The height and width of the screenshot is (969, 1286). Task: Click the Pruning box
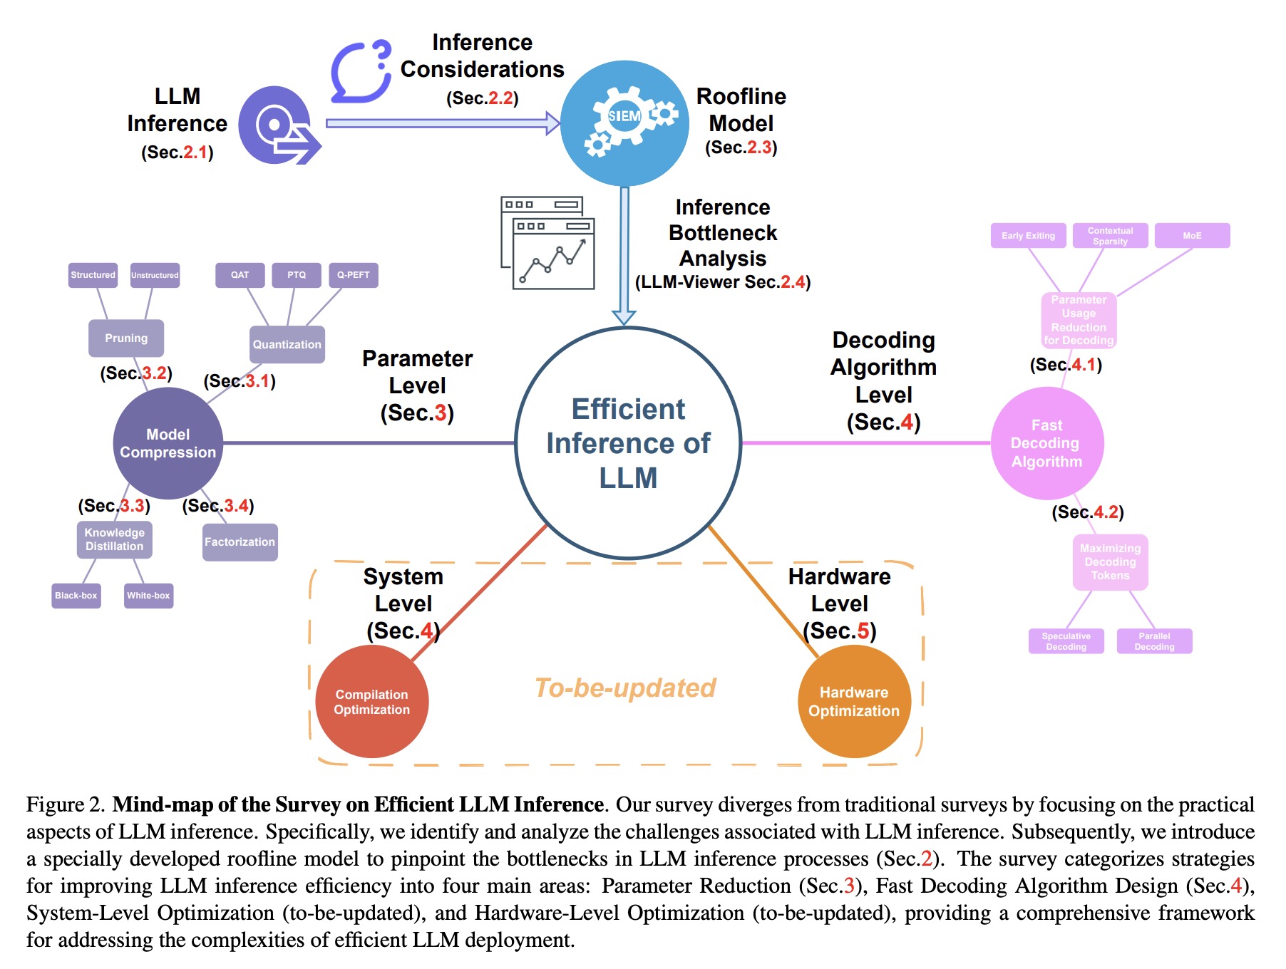click(126, 338)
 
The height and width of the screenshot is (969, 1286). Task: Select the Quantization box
click(287, 344)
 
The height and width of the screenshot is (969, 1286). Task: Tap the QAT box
click(240, 275)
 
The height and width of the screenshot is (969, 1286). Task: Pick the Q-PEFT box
click(354, 275)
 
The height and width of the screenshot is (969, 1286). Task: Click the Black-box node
click(76, 596)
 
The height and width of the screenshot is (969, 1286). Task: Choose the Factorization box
click(240, 542)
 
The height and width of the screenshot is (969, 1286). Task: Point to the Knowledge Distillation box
click(115, 539)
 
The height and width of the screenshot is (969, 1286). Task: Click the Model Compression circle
click(168, 443)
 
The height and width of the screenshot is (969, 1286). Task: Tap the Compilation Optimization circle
click(372, 702)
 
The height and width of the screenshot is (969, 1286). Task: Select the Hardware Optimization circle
click(854, 702)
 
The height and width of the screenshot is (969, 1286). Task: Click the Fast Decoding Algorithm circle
click(1047, 443)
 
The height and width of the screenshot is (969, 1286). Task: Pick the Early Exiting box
click(1028, 236)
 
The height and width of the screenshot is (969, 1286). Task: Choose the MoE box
click(1192, 236)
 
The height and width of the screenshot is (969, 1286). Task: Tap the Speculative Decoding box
click(1066, 641)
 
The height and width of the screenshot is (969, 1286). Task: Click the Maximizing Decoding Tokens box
click(1110, 562)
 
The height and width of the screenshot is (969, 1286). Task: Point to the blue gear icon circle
click(624, 123)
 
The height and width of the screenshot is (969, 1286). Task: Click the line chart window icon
click(548, 243)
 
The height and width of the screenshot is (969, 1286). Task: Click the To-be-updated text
click(625, 688)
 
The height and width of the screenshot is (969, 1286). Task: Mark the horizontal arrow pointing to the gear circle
click(442, 123)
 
